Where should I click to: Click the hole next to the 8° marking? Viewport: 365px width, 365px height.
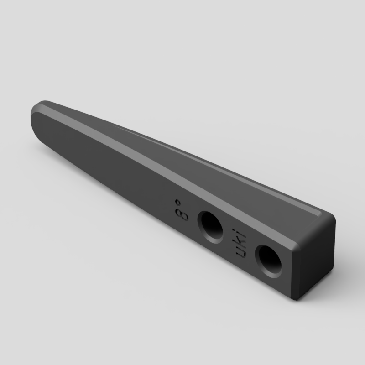210,227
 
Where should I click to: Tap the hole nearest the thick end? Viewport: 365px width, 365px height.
268,261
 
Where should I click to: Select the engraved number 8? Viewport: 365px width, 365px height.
182,214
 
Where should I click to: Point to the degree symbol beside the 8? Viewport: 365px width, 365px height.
178,202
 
